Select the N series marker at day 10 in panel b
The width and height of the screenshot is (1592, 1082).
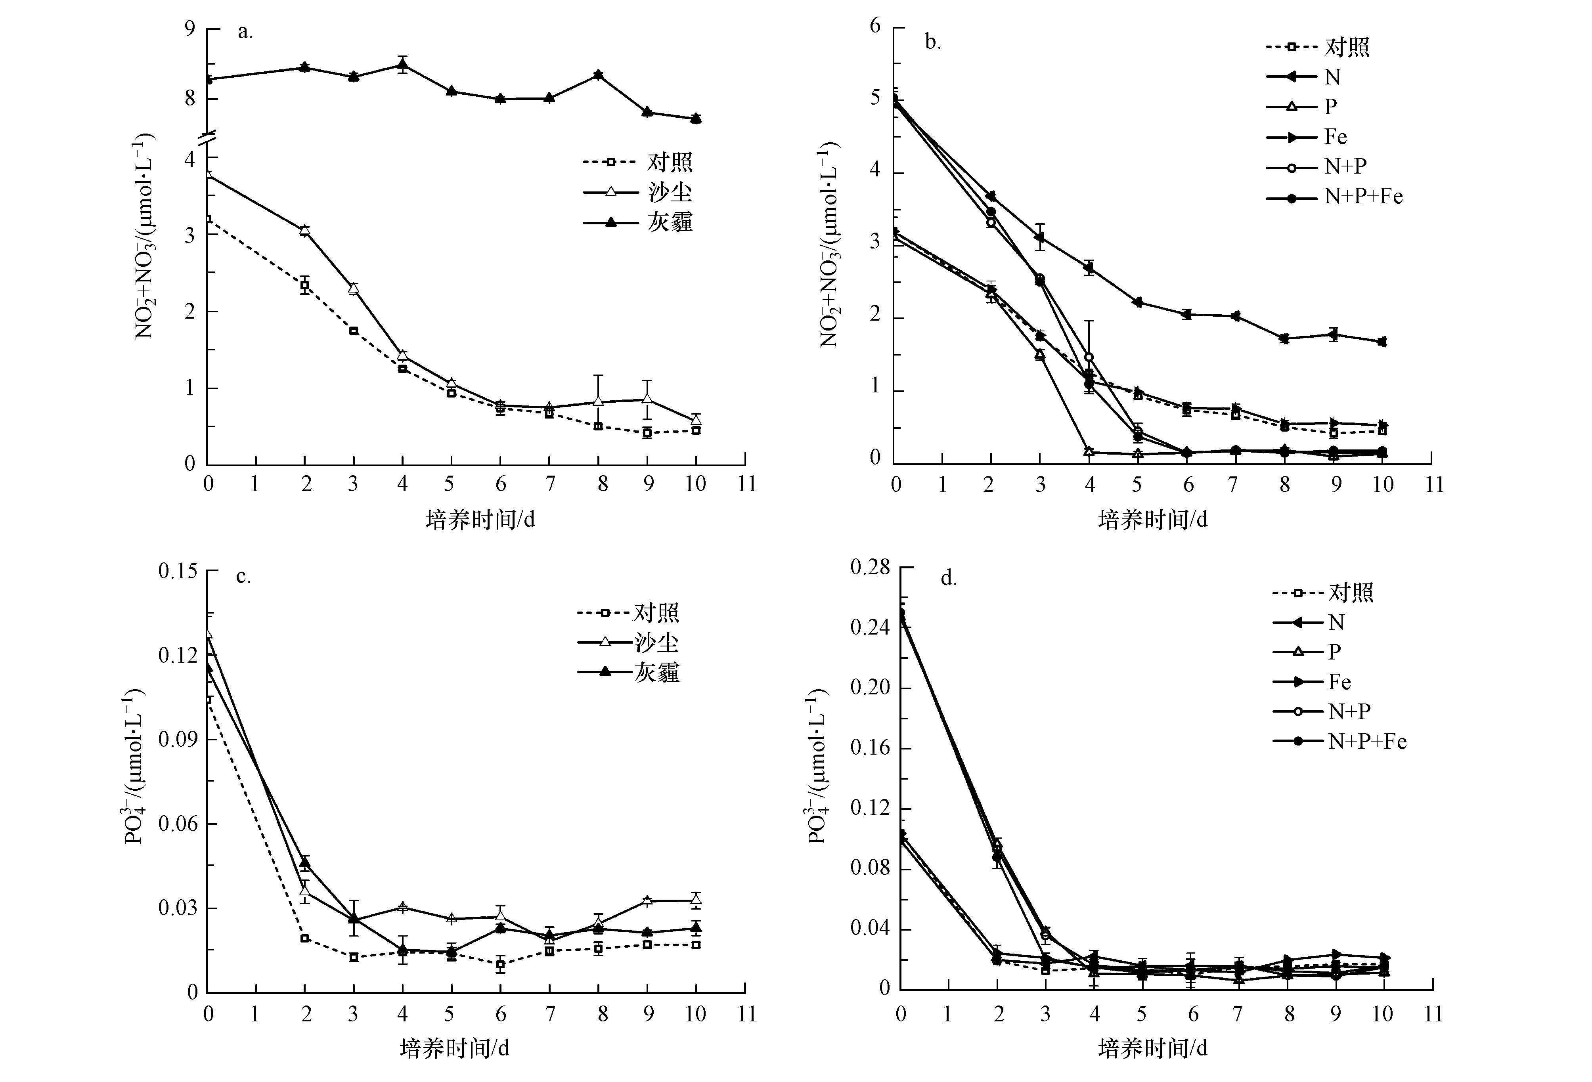pos(1382,342)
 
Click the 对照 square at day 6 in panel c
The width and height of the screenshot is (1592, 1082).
pos(501,964)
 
